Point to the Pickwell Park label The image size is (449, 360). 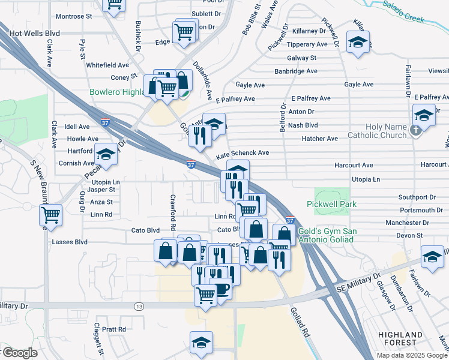click(331, 204)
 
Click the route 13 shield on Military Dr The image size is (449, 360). click(139, 306)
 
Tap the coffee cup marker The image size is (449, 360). click(221, 290)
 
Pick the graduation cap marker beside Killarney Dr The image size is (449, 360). click(358, 43)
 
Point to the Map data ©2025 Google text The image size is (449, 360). click(412, 355)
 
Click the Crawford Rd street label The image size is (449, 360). click(172, 206)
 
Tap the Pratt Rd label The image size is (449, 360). click(113, 329)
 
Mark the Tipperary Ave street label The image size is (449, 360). click(307, 44)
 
